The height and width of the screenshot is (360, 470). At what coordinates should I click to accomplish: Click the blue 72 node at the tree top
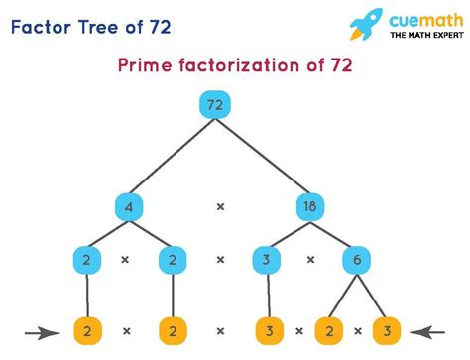(x=213, y=104)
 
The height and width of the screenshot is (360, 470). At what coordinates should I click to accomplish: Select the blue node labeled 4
(x=129, y=207)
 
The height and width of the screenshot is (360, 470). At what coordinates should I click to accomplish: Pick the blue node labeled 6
(x=355, y=260)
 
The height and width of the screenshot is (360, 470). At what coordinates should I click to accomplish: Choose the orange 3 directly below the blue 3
(x=269, y=328)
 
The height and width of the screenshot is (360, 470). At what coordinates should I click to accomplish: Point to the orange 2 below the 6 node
(x=326, y=328)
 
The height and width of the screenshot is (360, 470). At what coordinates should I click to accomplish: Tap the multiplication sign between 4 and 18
(x=220, y=207)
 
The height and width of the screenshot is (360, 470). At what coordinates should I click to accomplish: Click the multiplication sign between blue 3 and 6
(x=311, y=260)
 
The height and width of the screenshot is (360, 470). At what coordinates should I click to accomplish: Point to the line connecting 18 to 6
(x=332, y=234)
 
